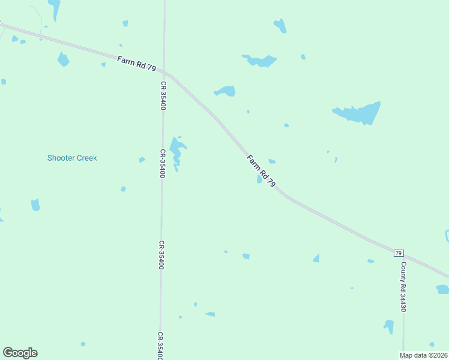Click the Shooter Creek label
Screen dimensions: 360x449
click(x=72, y=158)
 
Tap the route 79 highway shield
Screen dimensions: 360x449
click(x=399, y=253)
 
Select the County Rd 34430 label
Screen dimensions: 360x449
click(x=404, y=286)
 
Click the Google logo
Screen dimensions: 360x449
click(x=20, y=353)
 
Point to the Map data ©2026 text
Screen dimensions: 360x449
click(x=424, y=355)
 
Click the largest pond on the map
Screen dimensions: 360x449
click(x=358, y=113)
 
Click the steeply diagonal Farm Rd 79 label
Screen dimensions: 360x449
click(x=262, y=171)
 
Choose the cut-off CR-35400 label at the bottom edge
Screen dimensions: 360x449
click(x=161, y=346)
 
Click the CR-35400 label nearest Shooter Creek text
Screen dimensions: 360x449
click(x=161, y=163)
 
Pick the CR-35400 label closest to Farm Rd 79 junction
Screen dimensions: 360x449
click(x=163, y=96)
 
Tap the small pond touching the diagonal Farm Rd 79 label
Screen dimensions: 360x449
click(x=259, y=179)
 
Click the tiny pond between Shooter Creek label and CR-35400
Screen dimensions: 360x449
click(x=142, y=160)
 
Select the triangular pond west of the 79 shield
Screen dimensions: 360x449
click(x=316, y=258)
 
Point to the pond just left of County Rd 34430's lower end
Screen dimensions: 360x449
click(x=389, y=326)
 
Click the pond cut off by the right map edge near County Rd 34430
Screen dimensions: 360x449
click(x=443, y=289)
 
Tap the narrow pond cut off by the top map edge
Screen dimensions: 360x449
click(x=55, y=8)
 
